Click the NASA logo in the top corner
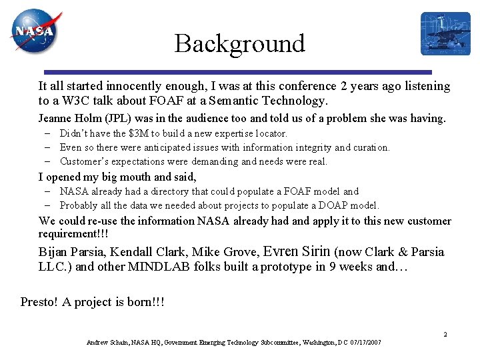click(x=35, y=31)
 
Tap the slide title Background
click(x=239, y=44)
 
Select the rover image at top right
click(x=445, y=33)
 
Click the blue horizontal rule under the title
click(x=237, y=72)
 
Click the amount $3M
click(x=140, y=133)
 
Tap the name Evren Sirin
click(x=297, y=252)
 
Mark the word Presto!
click(x=39, y=302)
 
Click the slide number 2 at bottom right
click(x=445, y=334)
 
